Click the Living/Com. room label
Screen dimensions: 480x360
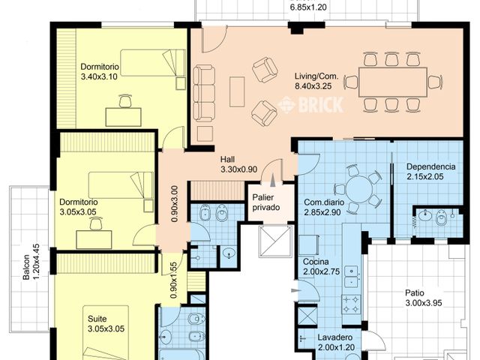pos(316,76)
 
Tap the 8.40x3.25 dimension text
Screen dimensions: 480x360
pos(313,86)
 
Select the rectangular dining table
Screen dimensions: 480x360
pos(393,82)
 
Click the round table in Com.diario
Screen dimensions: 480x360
pos(359,189)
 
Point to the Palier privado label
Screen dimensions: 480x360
pos(266,202)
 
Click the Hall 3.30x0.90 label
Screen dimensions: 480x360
pos(238,164)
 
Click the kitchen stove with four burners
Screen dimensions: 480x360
pos(351,304)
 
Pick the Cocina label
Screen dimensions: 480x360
pos(316,262)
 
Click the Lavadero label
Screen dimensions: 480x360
pos(335,337)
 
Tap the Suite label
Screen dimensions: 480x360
pos(97,319)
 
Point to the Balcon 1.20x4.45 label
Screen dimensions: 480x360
pos(31,262)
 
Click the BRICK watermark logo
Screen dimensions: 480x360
pos(310,105)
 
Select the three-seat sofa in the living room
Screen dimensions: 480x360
pos(204,93)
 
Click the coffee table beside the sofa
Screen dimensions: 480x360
pos(237,91)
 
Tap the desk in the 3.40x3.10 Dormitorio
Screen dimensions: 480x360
pos(123,117)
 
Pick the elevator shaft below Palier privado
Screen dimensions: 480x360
pos(276,241)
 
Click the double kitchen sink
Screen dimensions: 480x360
pos(351,277)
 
